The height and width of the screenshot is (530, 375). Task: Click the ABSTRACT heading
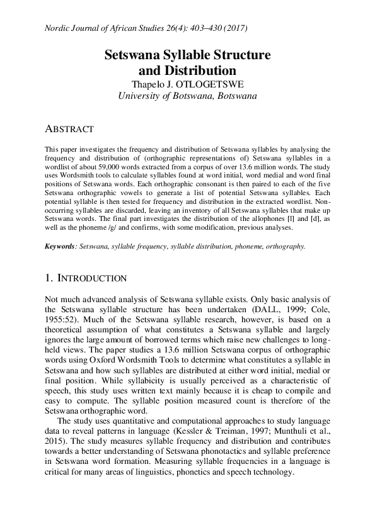[69, 128]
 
